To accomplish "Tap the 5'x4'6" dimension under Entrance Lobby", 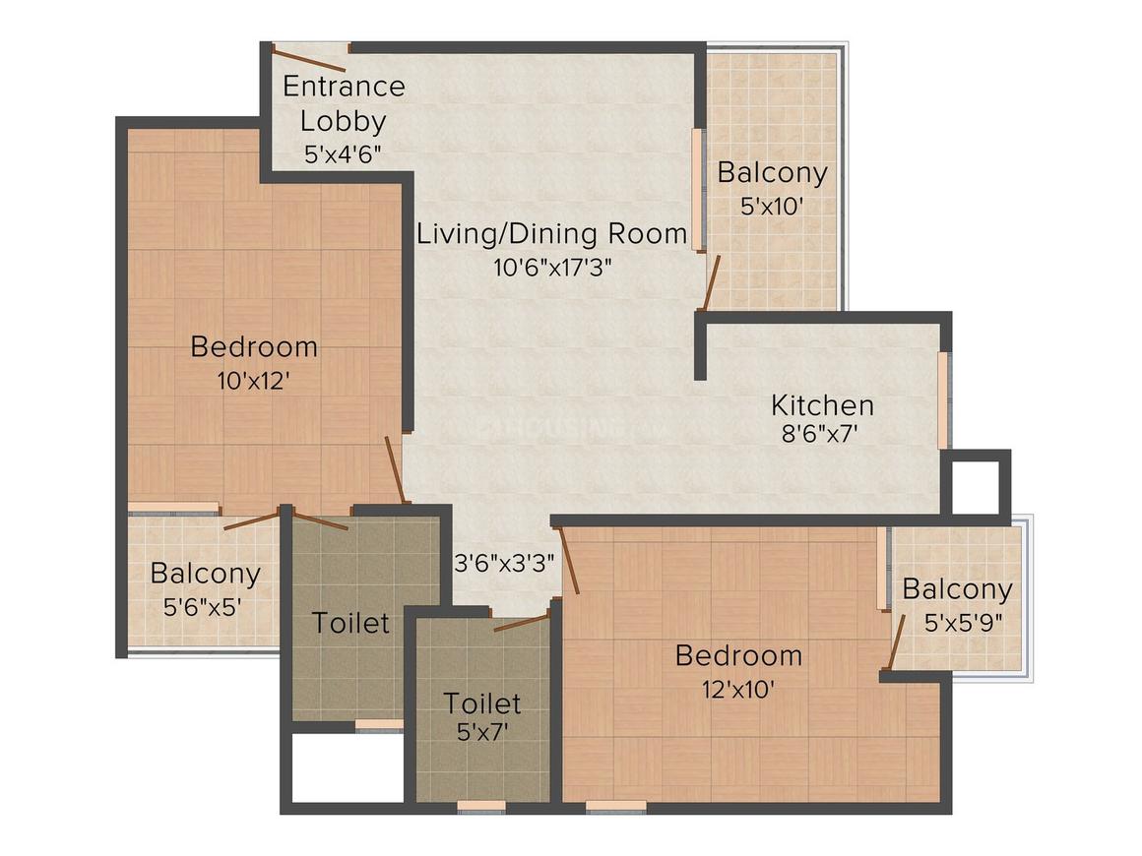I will [341, 154].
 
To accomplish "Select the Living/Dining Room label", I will [551, 234].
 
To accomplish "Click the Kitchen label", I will [822, 405].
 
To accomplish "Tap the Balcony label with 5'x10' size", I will [772, 172].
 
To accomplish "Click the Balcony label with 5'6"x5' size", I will [205, 573].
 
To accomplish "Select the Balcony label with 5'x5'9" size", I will [957, 589].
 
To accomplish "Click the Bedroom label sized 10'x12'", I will [254, 346].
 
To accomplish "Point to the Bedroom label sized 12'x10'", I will [738, 655].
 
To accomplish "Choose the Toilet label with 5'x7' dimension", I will [481, 703].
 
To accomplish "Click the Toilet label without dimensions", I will [350, 623].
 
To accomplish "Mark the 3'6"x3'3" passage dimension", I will [505, 564].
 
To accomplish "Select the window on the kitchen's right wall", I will [943, 399].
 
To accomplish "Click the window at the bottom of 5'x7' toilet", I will [481, 806].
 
